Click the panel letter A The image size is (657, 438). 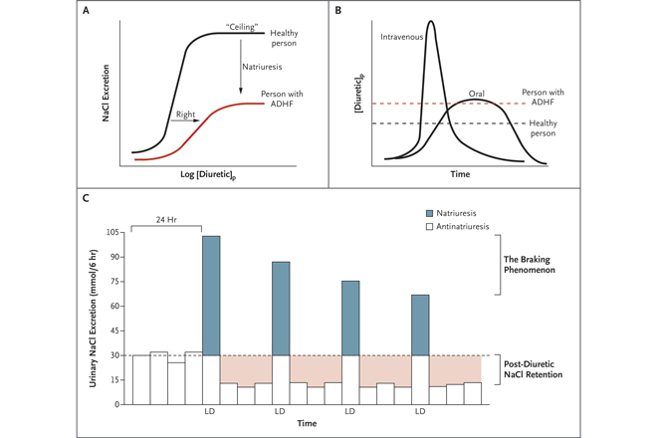point(88,12)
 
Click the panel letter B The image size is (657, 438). point(337,12)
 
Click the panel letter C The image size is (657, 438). point(88,198)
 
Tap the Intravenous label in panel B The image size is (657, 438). point(402,38)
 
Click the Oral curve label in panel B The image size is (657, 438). point(477,95)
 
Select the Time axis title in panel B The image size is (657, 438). point(459,175)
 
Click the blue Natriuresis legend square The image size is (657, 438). point(429,213)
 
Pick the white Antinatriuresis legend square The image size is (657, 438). point(429,227)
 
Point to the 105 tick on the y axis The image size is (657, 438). point(111,232)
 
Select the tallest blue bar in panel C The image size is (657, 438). point(211,296)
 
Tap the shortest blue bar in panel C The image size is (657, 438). point(420,325)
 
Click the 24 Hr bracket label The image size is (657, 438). point(166,219)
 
